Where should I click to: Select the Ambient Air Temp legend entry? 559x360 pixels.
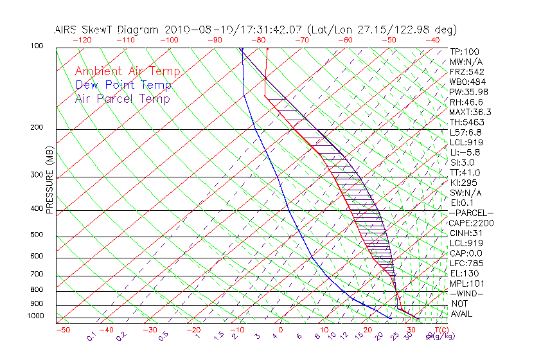tap(127, 71)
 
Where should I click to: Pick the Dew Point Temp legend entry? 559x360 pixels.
tap(123, 85)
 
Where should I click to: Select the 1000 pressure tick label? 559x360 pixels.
tap(37, 316)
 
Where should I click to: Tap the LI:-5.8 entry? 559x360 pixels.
tap(465, 152)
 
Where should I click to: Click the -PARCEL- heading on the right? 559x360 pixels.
tap(471, 213)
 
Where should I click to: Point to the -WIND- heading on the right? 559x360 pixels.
tap(466, 293)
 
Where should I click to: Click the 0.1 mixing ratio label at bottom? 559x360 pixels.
tap(91, 336)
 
